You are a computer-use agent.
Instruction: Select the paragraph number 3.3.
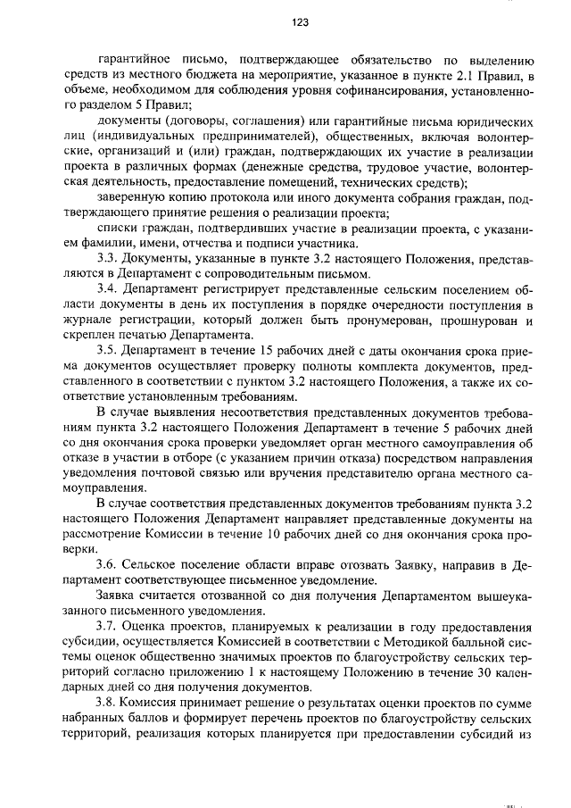107,260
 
